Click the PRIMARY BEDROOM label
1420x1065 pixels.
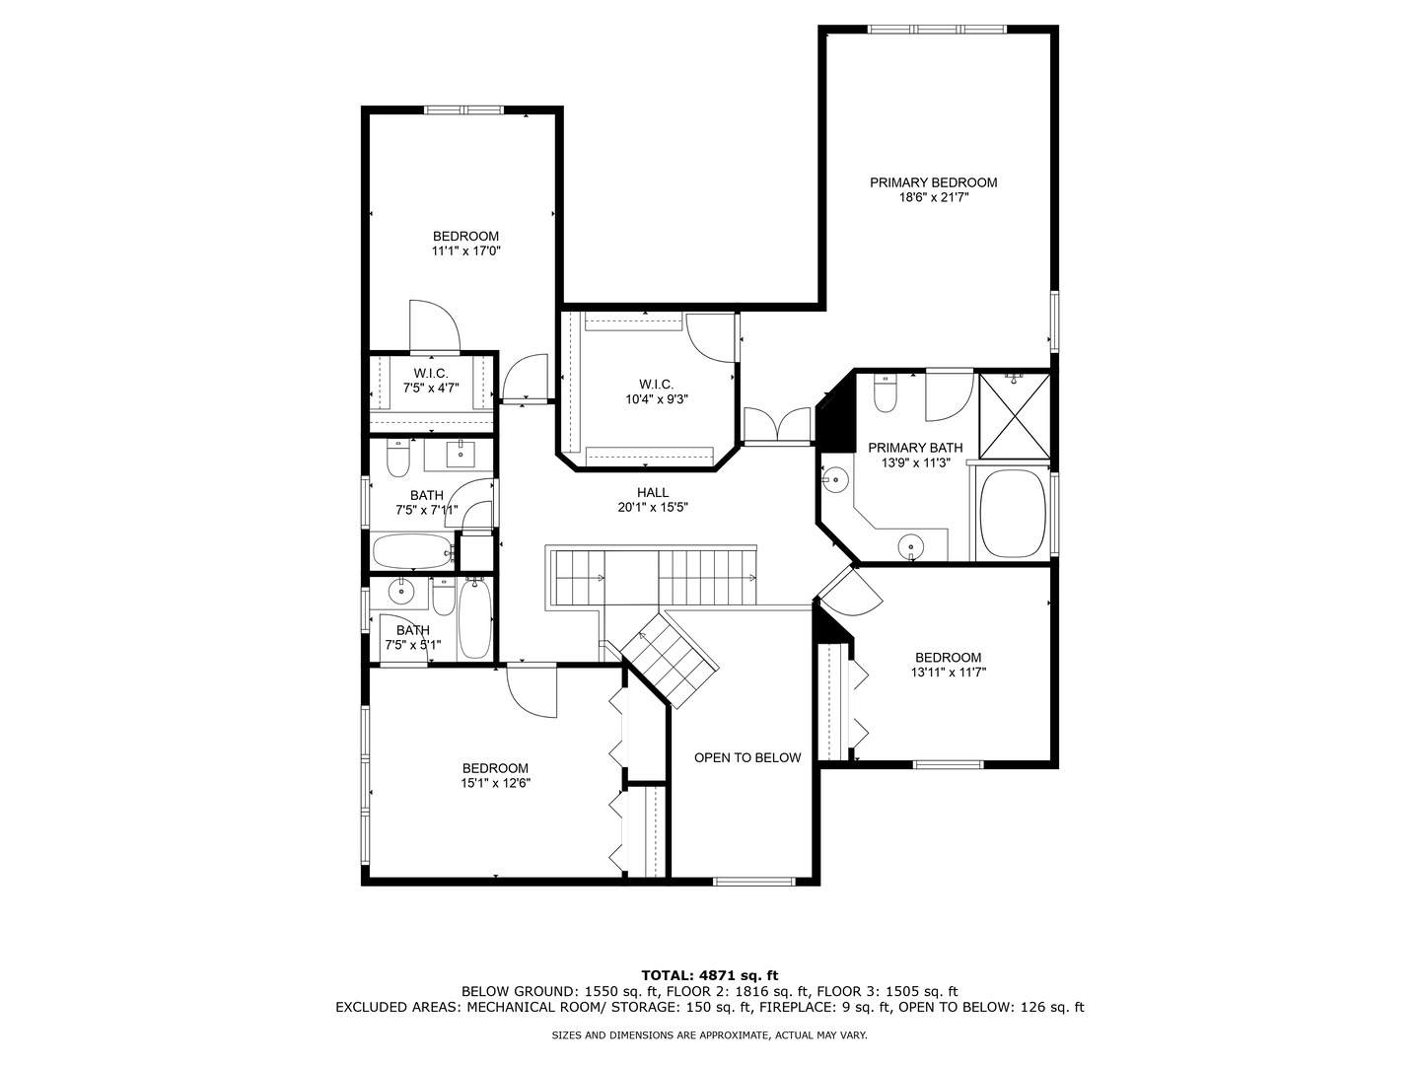[933, 182]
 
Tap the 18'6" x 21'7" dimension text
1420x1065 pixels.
[933, 198]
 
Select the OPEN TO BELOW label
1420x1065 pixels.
[747, 757]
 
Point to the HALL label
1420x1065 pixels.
[652, 493]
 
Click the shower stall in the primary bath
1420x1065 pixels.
[1014, 416]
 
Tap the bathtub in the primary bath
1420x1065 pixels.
[1012, 514]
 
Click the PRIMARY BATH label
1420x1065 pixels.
[914, 448]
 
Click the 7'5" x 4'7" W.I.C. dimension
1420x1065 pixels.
[431, 389]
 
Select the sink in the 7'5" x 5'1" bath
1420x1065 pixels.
[400, 593]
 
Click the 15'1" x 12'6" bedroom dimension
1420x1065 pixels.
[495, 784]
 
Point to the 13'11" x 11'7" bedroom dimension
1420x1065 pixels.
[948, 673]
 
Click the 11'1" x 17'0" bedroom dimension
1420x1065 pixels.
[466, 251]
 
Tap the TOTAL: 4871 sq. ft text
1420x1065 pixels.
[709, 975]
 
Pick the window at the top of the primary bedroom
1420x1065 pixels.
[938, 30]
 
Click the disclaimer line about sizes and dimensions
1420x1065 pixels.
[709, 1035]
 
